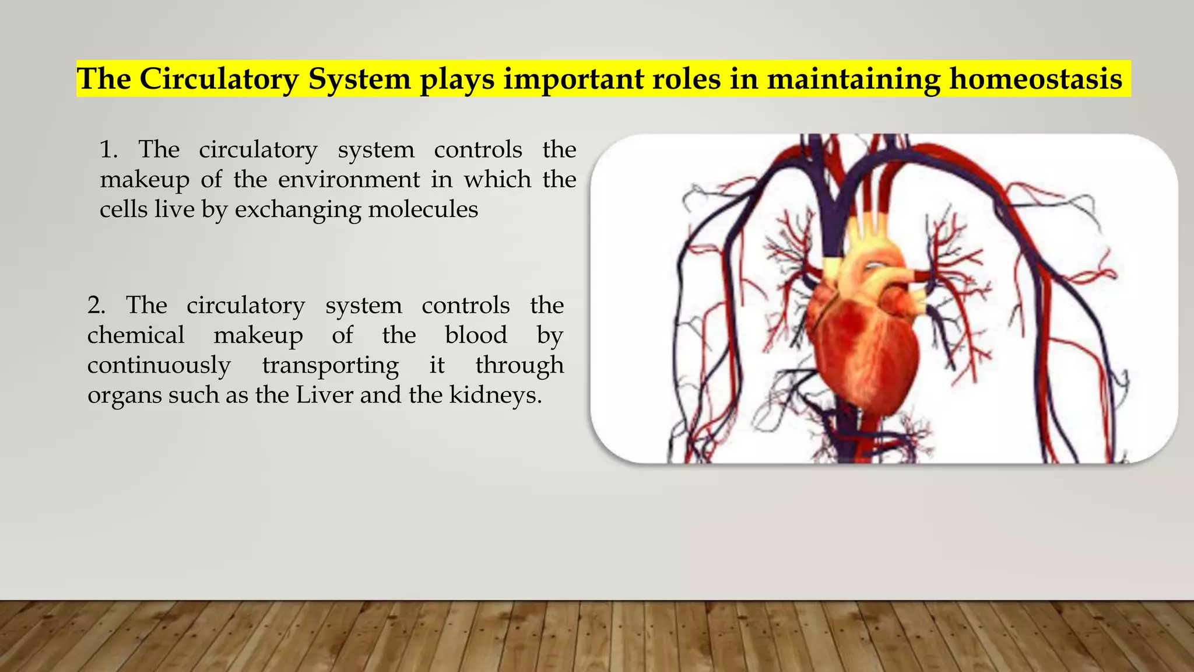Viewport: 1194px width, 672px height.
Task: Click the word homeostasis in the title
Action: [1035, 79]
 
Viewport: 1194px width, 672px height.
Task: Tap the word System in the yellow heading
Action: [359, 79]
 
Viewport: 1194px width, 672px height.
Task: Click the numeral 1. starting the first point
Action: [108, 149]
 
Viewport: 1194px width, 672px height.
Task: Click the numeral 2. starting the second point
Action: [96, 305]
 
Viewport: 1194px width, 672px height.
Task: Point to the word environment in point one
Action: [349, 179]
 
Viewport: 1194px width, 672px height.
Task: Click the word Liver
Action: [324, 395]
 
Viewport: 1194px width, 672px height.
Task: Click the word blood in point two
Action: [476, 335]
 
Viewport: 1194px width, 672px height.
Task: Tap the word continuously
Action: [159, 366]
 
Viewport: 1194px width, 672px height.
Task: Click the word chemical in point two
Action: [136, 335]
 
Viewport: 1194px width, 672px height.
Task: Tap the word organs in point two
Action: [124, 396]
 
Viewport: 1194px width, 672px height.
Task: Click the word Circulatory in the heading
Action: [219, 79]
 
